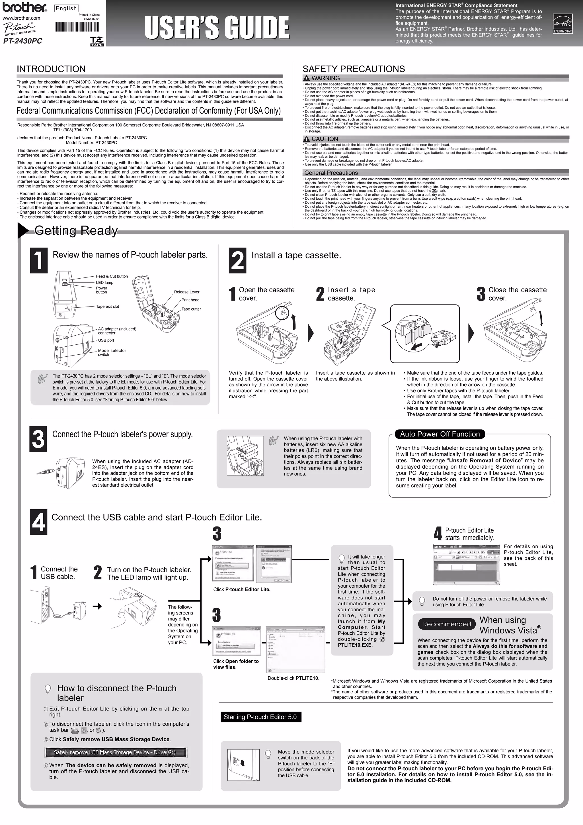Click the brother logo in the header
(25, 7)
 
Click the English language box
(66, 8)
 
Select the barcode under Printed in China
(77, 28)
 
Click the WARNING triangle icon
(307, 78)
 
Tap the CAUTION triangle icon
(307, 139)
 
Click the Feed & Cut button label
(112, 276)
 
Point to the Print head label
(190, 300)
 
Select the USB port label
(106, 340)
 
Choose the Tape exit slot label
(107, 307)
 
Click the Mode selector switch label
(112, 352)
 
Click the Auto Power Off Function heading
(440, 434)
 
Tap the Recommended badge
(447, 624)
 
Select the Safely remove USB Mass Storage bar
(116, 752)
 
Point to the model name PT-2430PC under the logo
(22, 41)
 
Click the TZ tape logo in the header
(97, 41)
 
